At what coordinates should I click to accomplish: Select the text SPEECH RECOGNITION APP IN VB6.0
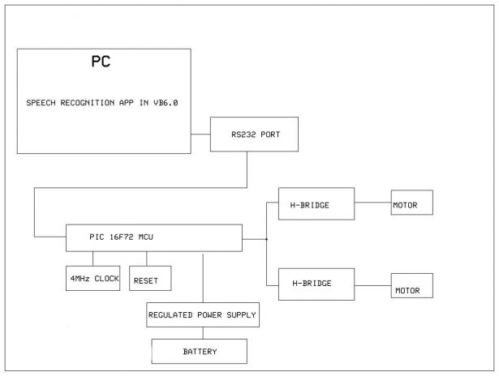[102, 104]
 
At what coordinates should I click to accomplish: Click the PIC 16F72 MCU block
[153, 238]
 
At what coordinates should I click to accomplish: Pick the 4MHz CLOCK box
[93, 279]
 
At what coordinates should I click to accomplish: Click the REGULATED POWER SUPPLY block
[203, 314]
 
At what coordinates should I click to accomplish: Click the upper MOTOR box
[411, 204]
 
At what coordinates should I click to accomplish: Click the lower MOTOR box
[411, 288]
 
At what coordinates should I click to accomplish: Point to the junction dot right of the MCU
[266, 239]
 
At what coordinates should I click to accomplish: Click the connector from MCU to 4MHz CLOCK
[92, 258]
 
